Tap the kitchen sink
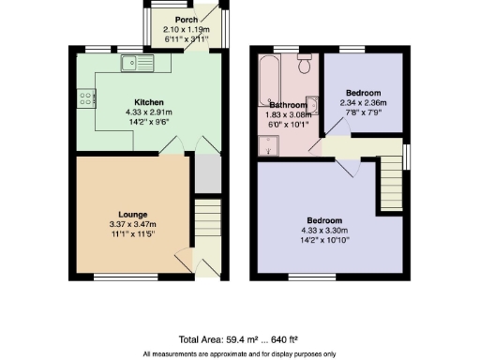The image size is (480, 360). coord(137,65)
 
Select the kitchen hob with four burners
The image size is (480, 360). coord(85,97)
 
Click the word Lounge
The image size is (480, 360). coord(131,215)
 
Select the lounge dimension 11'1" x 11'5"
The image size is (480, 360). coord(131,234)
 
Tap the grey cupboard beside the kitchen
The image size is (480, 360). coord(206,172)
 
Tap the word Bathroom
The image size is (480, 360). coord(288,104)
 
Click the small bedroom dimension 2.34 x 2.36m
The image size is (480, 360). coord(363,103)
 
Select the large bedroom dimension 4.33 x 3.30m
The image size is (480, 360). coord(324,231)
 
